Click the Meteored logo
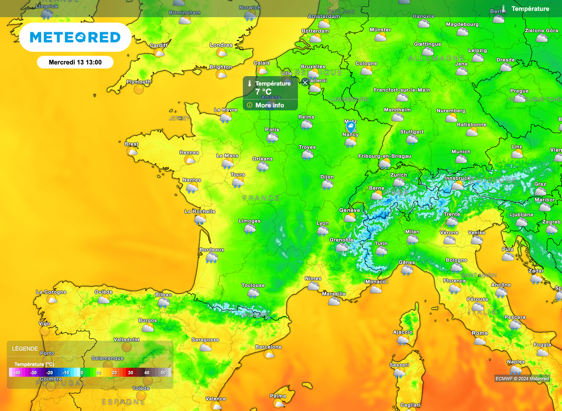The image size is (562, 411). [x=75, y=37]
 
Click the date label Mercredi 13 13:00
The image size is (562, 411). [x=75, y=62]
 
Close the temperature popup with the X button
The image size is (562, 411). [x=305, y=82]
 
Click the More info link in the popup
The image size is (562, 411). [x=269, y=105]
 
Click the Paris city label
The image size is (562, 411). [x=272, y=130]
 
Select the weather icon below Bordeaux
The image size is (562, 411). [x=211, y=257]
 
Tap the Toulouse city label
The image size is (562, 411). [x=253, y=285]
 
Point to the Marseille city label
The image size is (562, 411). [x=334, y=294]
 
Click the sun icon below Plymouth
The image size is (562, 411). [x=139, y=89]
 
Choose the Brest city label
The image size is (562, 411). [x=132, y=144]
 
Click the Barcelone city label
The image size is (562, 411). [x=268, y=347]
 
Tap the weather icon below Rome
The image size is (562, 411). [x=480, y=341]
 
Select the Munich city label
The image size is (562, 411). [x=461, y=152]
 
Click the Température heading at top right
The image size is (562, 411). [x=530, y=9]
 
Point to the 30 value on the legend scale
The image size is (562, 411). [x=131, y=373]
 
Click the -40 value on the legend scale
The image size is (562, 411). [x=18, y=373]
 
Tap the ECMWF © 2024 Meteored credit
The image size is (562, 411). [x=522, y=379]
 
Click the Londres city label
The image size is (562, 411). [x=221, y=45]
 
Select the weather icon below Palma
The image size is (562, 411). [x=278, y=403]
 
